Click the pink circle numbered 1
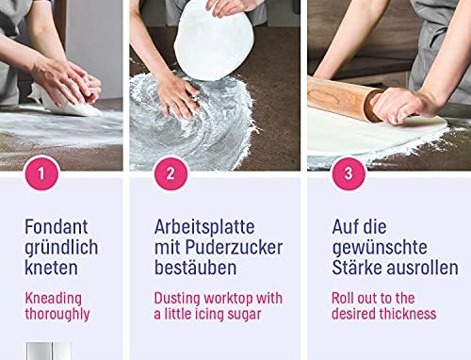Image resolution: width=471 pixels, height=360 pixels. [x=41, y=173]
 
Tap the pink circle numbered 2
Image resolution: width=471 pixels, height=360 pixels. [x=171, y=173]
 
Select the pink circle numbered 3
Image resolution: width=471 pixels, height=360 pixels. [x=349, y=173]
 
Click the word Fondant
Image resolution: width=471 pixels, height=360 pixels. [x=57, y=226]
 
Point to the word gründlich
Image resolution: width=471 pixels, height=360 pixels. [x=61, y=248]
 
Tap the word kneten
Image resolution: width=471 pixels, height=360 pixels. [x=51, y=268]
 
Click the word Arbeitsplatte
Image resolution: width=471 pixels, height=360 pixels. [x=204, y=226]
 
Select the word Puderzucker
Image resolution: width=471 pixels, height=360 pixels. [x=234, y=247]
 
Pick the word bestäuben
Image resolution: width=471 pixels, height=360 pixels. [x=196, y=268]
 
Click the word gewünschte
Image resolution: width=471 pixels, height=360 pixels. [x=380, y=248]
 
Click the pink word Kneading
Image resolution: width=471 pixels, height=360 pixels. [x=54, y=299]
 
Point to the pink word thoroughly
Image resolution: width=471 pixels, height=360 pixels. [x=57, y=314]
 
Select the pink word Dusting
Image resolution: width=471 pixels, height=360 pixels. [x=177, y=299]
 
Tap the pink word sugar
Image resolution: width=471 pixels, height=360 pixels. [x=244, y=315]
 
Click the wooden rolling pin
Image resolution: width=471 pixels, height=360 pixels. [x=346, y=98]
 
